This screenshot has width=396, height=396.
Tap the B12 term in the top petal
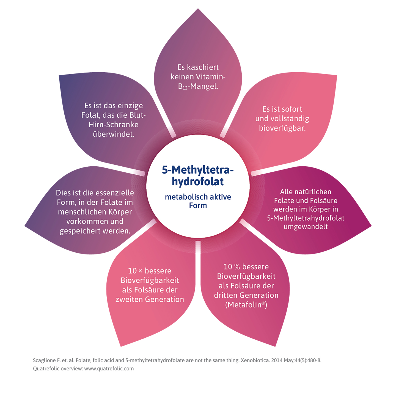(183, 87)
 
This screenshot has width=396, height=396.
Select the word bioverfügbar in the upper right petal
(282, 128)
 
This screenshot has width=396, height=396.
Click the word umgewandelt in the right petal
(306, 227)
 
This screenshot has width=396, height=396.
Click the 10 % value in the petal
(232, 267)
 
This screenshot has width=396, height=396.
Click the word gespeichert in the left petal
(81, 231)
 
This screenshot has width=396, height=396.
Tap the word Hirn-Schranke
(114, 125)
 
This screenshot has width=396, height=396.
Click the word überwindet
(114, 134)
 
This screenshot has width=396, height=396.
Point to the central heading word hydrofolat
(198, 182)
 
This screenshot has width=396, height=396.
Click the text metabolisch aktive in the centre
(198, 197)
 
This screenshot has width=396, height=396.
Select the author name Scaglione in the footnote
(44, 360)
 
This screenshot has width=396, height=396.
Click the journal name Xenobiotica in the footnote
(255, 360)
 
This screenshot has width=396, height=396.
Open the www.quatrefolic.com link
(109, 369)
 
